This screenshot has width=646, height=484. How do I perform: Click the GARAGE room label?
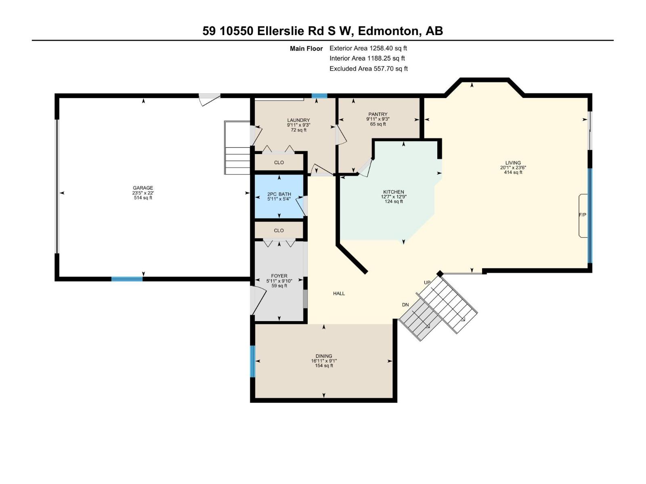click(x=143, y=188)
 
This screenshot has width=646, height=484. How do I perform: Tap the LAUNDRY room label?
click(x=298, y=120)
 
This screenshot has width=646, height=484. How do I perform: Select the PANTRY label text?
click(x=378, y=114)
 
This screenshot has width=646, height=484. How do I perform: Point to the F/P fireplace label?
click(x=582, y=215)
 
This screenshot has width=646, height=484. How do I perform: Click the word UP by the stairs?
click(x=427, y=282)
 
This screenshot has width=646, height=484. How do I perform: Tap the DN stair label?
click(x=405, y=305)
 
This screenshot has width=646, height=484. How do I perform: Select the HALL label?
click(x=339, y=294)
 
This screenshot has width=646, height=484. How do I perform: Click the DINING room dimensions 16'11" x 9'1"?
click(x=324, y=361)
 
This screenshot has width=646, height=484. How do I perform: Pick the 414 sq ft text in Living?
click(x=513, y=172)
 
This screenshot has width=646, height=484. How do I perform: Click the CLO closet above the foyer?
click(x=279, y=231)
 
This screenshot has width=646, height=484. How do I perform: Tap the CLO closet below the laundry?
click(x=279, y=163)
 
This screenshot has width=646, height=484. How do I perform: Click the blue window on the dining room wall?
click(x=253, y=361)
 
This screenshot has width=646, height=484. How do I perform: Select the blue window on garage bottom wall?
click(x=127, y=279)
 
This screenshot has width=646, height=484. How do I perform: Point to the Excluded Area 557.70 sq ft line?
click(x=368, y=69)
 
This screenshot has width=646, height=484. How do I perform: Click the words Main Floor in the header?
click(x=306, y=49)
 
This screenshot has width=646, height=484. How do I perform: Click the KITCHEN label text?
click(x=393, y=192)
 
